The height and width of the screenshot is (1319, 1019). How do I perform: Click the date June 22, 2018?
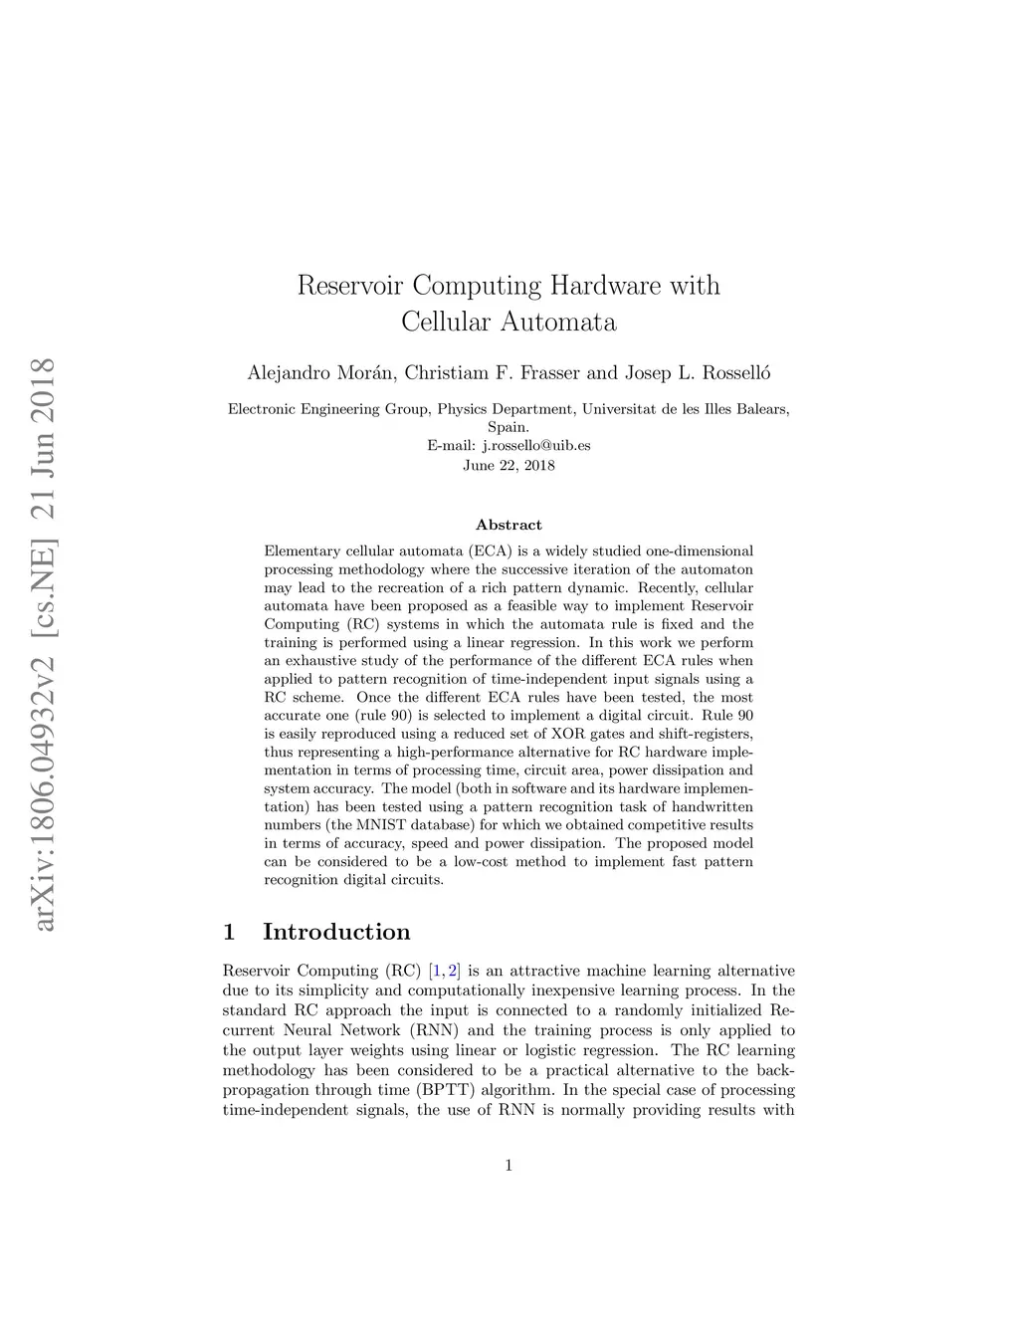509,465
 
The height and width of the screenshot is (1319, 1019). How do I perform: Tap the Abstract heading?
509,525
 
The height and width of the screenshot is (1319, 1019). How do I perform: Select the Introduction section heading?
335,932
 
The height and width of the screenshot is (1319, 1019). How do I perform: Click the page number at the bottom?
509,1166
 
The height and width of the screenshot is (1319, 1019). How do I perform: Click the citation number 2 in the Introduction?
454,971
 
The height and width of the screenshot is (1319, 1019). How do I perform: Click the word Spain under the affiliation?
508,427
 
